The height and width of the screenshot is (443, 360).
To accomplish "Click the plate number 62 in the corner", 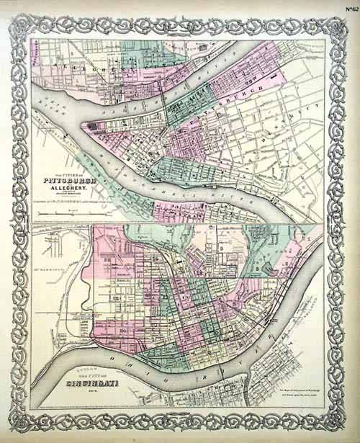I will tap(348, 9).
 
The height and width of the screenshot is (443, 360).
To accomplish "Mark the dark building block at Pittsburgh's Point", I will tap(90, 126).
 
